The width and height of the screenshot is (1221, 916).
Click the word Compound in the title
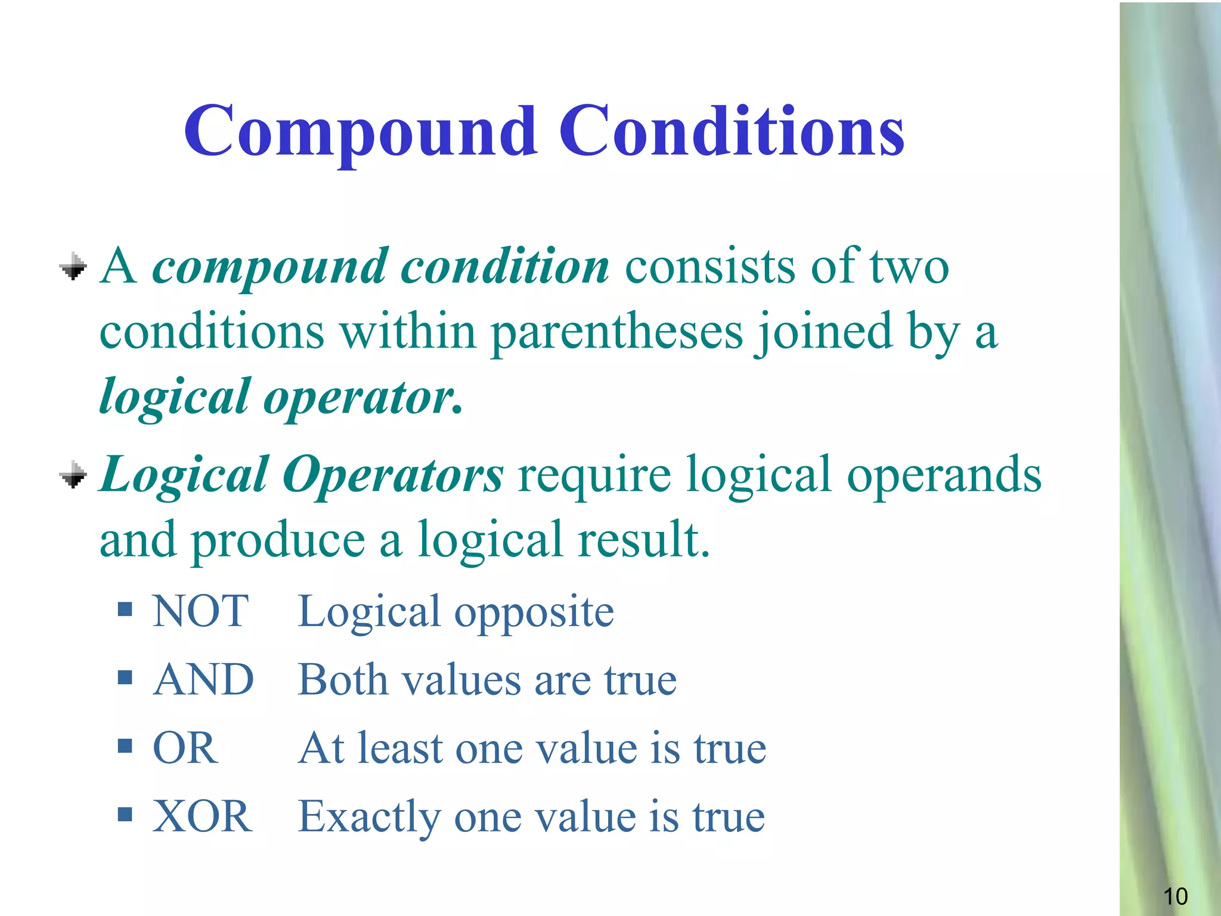(360, 132)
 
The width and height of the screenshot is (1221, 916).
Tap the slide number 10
(1175, 896)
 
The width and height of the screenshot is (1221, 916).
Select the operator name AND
(203, 680)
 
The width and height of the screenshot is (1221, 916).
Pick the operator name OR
(185, 748)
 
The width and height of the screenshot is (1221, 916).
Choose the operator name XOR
(202, 816)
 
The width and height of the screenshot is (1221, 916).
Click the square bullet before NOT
(125, 609)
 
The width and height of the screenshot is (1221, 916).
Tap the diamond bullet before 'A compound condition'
(73, 267)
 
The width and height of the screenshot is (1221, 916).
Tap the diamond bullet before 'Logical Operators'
(73, 475)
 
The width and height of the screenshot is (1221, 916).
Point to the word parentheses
(616, 333)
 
